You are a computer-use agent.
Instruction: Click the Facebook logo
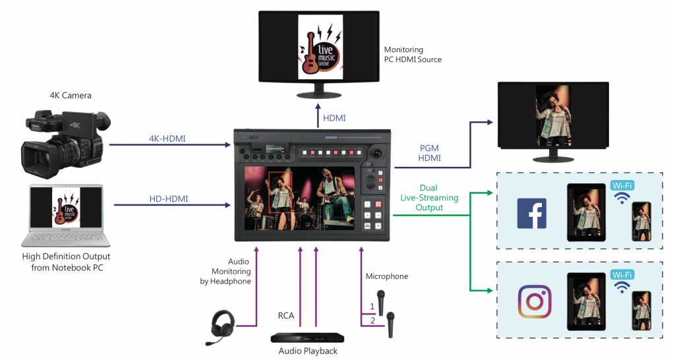pyautogui.click(x=531, y=213)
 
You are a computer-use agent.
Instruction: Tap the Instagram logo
pyautogui.click(x=534, y=301)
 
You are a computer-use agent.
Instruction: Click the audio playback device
pyautogui.click(x=307, y=337)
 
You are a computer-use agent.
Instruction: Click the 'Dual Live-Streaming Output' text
pyautogui.click(x=428, y=198)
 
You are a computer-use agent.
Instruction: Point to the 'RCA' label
pyautogui.click(x=285, y=316)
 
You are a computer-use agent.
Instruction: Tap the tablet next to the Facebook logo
pyautogui.click(x=585, y=210)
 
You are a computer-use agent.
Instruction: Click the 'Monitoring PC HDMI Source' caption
pyautogui.click(x=413, y=55)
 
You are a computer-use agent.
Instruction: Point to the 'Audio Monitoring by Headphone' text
pyautogui.click(x=230, y=271)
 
